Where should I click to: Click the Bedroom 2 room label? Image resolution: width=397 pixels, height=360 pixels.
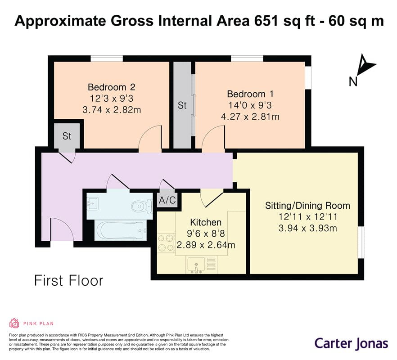pos(112,87)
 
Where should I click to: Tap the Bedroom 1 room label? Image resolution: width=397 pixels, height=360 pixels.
pos(250,94)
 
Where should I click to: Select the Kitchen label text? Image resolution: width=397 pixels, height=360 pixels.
pos(206,222)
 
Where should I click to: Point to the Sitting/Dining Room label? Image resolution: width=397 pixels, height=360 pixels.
pos(307,206)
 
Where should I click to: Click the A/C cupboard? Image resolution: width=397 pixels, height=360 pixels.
pos(167,200)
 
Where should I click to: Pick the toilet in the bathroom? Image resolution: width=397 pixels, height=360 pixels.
pos(141,206)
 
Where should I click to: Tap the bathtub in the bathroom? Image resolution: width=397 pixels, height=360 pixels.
pos(121,230)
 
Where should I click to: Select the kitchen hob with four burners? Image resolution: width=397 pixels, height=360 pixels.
pos(166,243)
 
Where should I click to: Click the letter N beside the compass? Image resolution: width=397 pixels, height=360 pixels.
pos(353,82)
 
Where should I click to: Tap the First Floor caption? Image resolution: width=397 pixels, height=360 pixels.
pos(69,281)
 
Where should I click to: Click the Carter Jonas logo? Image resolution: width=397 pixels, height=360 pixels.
pos(352,344)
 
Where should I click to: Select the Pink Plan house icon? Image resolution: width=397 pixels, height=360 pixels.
pos(14,323)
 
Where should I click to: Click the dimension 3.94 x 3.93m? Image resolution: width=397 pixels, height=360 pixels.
pos(307,228)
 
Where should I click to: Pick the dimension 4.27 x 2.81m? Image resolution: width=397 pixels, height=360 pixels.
pos(250,117)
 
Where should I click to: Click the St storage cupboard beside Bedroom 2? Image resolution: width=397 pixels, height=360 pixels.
pos(67,136)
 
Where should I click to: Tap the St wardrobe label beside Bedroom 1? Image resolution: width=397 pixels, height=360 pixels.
pos(182,105)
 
